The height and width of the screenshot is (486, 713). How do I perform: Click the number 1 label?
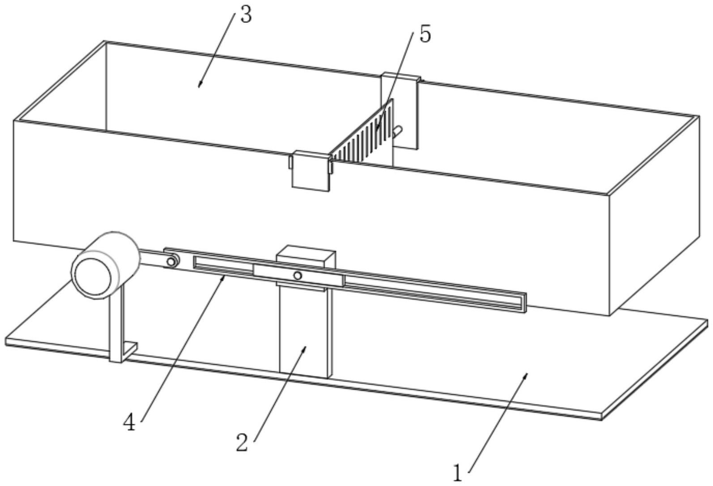point(457,473)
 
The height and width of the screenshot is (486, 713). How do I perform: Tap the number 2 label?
point(242,442)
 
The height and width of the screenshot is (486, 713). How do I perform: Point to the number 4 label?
point(129,422)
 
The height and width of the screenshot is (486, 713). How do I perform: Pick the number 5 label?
point(424,34)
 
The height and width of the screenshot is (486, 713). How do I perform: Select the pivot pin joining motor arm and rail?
point(170,262)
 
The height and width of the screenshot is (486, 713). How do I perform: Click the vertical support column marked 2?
point(304,331)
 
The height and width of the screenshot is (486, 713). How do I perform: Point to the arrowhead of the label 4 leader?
point(224,277)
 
